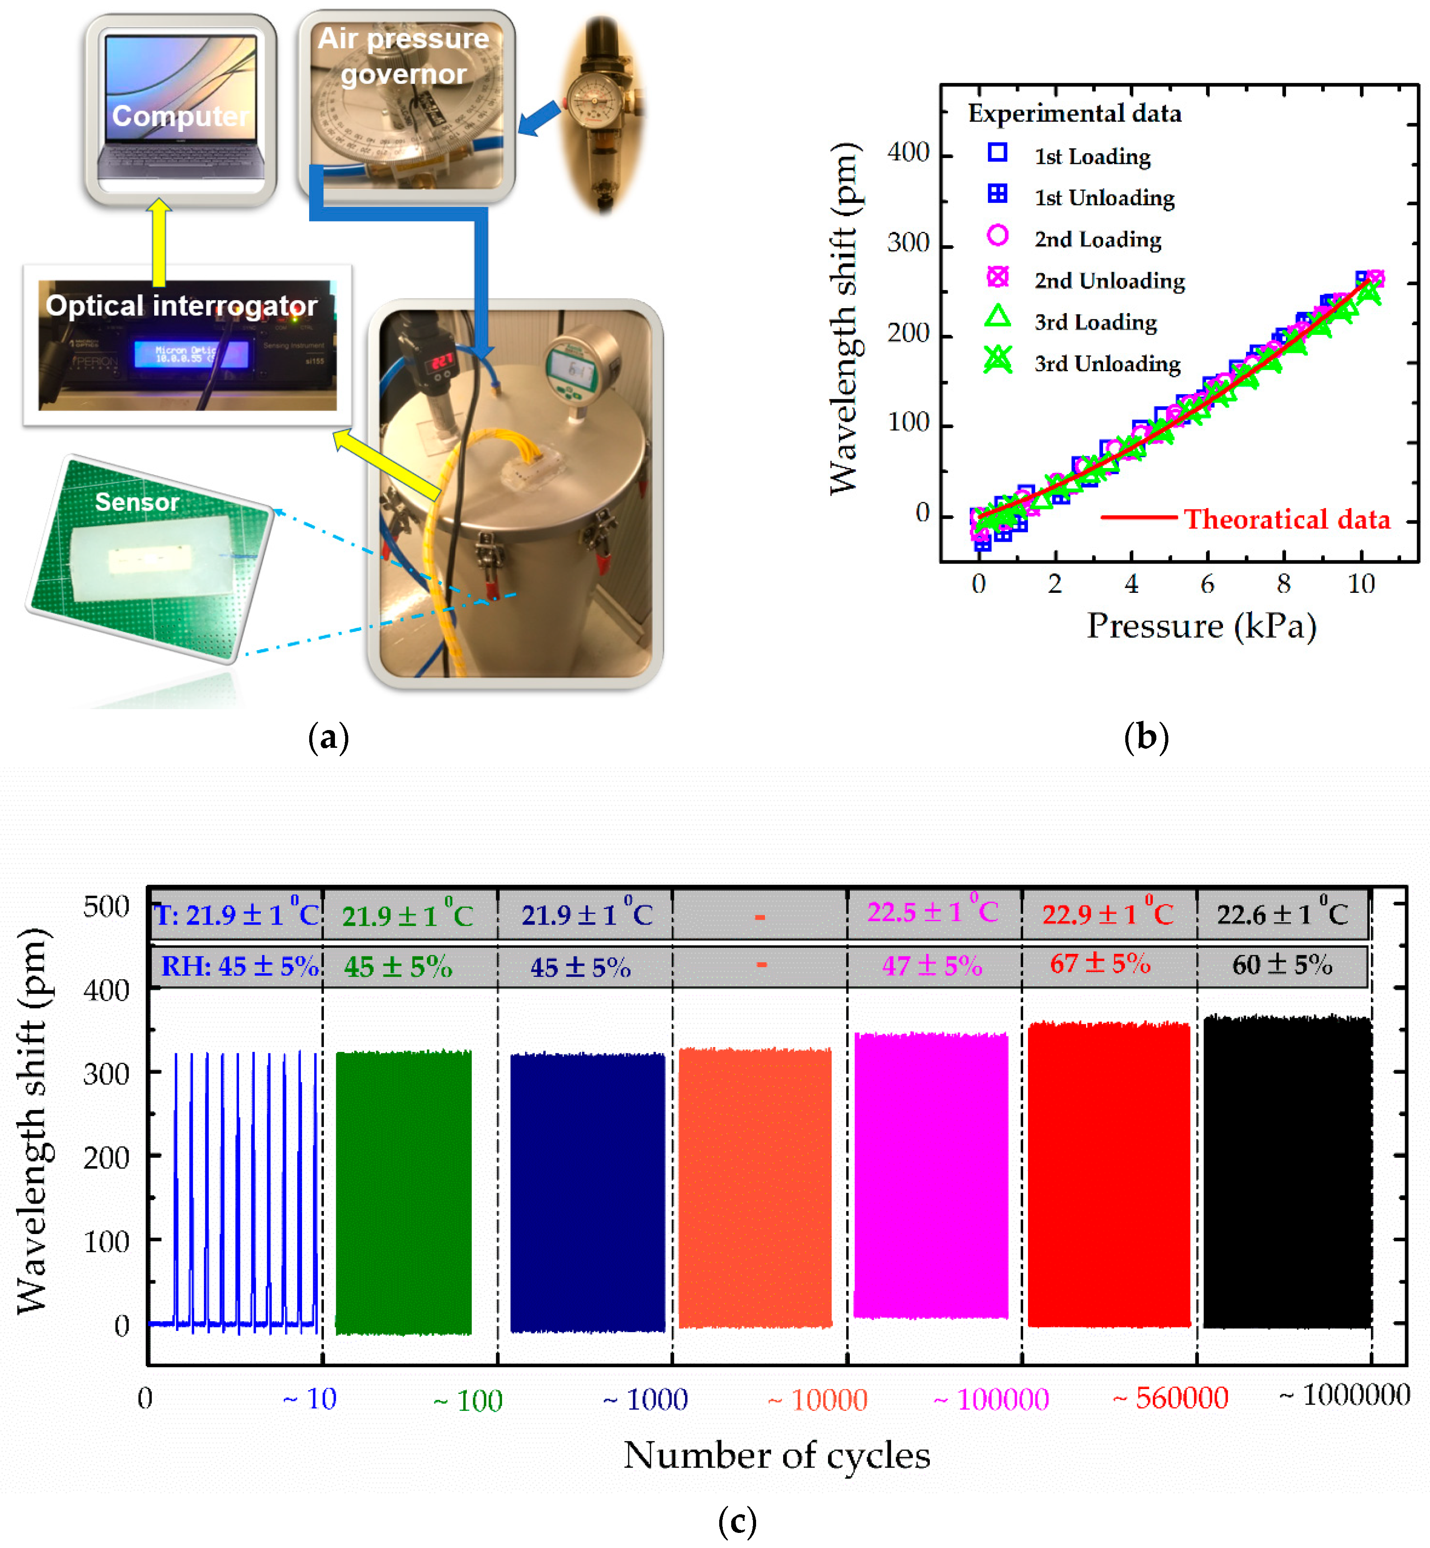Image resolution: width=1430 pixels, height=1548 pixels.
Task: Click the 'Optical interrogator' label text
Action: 181,306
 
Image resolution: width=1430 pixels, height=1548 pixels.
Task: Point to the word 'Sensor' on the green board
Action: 137,502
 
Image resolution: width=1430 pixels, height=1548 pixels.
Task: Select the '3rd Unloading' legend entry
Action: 1107,364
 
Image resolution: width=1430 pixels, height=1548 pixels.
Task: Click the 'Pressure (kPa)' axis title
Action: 1201,625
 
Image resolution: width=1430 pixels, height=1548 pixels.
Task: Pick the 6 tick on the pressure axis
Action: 1207,584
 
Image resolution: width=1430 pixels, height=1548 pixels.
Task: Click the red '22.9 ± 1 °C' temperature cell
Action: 1107,914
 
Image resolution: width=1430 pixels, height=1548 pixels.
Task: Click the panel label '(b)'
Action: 1145,737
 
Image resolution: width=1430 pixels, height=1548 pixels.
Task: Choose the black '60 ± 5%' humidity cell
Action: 1282,965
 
